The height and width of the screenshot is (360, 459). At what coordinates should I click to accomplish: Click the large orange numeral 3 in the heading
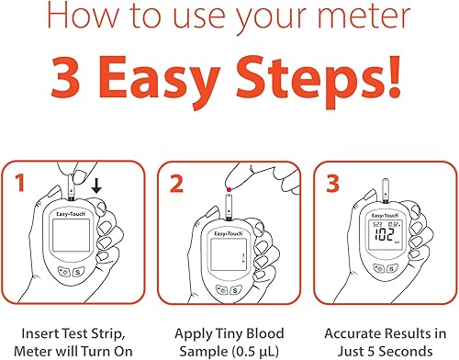click(66, 77)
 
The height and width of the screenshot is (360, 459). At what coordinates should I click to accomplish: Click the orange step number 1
click(20, 183)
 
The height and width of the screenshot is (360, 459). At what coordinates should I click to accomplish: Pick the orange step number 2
click(176, 184)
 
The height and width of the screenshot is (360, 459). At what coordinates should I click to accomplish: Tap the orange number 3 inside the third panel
click(332, 184)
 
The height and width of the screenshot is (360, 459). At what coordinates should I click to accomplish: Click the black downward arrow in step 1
click(96, 186)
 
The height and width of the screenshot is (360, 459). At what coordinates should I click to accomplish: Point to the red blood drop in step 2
click(229, 190)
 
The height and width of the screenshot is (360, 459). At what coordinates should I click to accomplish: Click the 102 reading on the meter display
click(385, 235)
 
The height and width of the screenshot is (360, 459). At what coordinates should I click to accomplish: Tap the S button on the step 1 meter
click(78, 272)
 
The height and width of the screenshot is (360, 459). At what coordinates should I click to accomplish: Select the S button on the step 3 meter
click(392, 269)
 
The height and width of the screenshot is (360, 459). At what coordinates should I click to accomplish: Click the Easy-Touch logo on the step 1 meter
click(71, 214)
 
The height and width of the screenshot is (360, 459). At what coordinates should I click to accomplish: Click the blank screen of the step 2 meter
click(229, 254)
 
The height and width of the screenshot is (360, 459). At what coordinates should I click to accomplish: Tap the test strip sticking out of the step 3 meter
click(386, 190)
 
